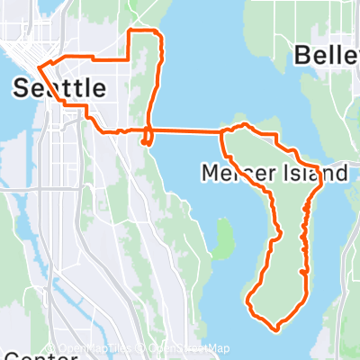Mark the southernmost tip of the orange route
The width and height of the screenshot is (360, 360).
tap(274, 329)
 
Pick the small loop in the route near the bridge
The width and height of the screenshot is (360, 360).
tap(147, 138)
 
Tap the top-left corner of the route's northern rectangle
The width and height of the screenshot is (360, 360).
tap(133, 31)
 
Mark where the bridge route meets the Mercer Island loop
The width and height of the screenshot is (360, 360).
tap(221, 131)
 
